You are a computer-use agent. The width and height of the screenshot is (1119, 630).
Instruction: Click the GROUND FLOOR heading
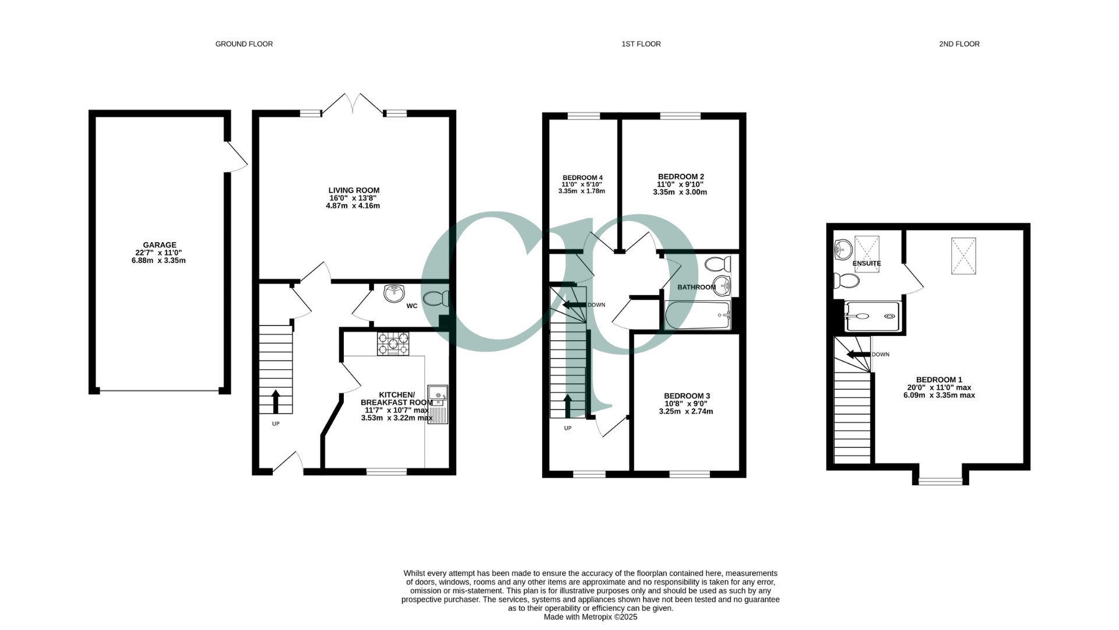pos(244,44)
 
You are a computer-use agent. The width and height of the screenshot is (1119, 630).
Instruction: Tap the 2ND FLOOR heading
pos(959,44)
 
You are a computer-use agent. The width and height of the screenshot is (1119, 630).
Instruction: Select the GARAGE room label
pos(160,245)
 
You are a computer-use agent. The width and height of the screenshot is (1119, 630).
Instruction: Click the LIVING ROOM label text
pos(354,190)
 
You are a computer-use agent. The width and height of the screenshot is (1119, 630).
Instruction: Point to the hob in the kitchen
pos(393,344)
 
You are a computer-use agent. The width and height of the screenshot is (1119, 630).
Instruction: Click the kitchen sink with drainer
pos(438,404)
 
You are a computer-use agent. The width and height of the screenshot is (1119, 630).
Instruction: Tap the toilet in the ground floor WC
pos(437,299)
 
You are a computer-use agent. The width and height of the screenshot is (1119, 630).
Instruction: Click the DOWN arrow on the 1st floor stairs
pos(573,304)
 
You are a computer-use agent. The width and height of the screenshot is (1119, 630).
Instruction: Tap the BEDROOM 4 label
pos(582,177)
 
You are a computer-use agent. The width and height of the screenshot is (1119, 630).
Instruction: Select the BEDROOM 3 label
pos(688,395)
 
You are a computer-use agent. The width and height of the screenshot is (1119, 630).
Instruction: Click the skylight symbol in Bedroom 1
pos(963,256)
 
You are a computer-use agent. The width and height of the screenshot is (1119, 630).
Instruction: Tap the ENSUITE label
pos(867,263)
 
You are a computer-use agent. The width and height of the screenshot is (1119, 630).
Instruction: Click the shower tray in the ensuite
pos(872,316)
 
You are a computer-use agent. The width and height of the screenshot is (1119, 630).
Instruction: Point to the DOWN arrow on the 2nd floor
pos(858,354)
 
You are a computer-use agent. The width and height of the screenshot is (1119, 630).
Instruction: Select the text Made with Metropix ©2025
pos(590,617)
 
